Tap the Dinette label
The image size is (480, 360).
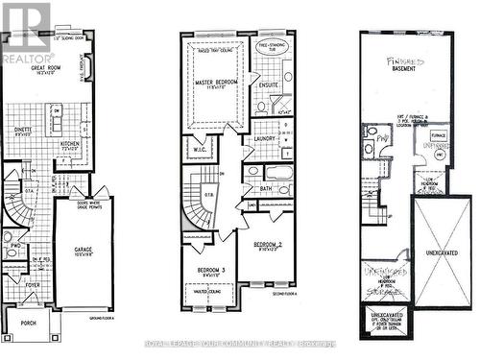tap(23, 132)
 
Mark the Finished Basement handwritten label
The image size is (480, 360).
tap(407, 66)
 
